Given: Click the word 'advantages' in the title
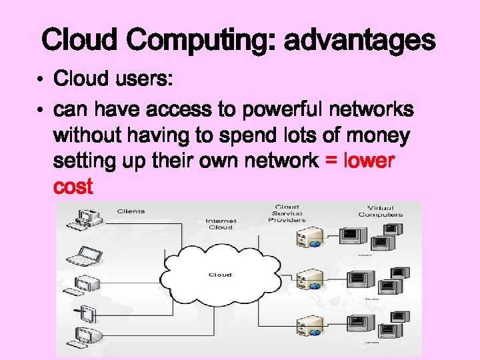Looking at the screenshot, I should (x=360, y=41).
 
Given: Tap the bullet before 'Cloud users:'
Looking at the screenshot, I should (x=41, y=81).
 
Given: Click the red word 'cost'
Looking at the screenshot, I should (x=73, y=187).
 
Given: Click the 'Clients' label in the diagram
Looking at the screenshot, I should (x=131, y=211).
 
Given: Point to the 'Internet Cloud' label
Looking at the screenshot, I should (x=221, y=224).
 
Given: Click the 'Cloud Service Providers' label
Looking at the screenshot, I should (x=287, y=213).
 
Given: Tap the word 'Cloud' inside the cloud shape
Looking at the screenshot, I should (x=220, y=275).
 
